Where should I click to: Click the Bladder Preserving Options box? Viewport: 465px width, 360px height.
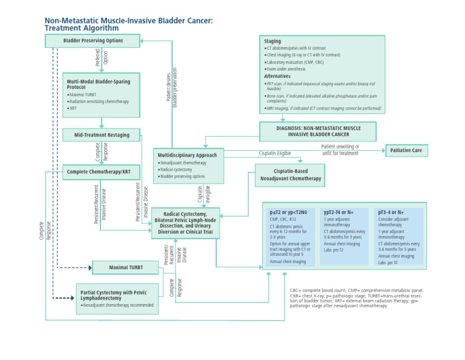(x=93, y=41)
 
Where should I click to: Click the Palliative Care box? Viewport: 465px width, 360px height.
(x=406, y=150)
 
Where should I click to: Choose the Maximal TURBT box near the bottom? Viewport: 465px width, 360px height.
(x=125, y=267)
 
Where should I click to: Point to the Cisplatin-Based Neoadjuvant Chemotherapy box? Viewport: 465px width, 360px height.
(x=290, y=175)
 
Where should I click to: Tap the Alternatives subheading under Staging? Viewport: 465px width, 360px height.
(x=277, y=76)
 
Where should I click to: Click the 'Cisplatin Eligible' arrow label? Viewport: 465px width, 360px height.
(x=275, y=154)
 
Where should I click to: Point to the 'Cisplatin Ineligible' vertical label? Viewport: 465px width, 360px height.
(x=204, y=195)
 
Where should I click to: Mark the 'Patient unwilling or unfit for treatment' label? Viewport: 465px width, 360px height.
(x=340, y=150)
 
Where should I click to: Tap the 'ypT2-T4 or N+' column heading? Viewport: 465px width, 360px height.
(x=339, y=212)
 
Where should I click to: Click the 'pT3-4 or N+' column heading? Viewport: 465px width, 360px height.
(x=391, y=212)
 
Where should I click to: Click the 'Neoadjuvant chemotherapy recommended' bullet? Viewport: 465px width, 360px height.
(x=117, y=305)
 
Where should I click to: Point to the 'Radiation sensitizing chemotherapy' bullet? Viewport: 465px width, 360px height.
(x=99, y=101)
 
